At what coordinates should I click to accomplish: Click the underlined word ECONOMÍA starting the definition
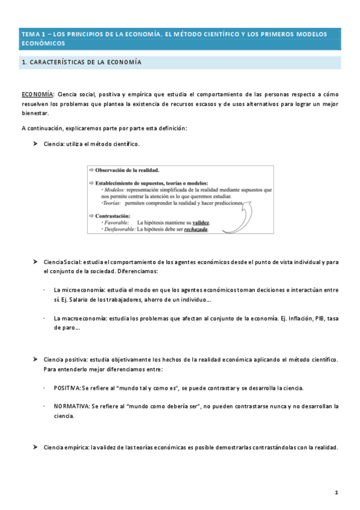(37, 94)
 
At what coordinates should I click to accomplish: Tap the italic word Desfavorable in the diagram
(119, 229)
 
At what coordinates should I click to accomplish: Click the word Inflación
(295, 318)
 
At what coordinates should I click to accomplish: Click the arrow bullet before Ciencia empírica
(35, 447)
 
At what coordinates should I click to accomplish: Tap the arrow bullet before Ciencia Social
(35, 262)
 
